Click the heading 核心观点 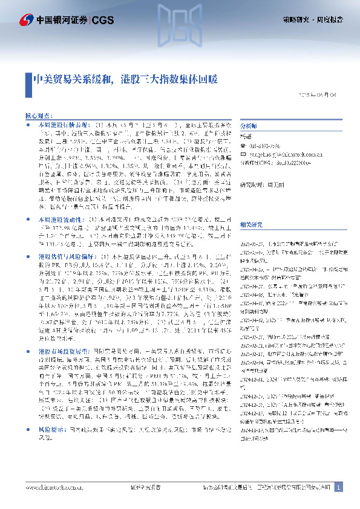(38, 114)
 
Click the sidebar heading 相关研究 (250, 207)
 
